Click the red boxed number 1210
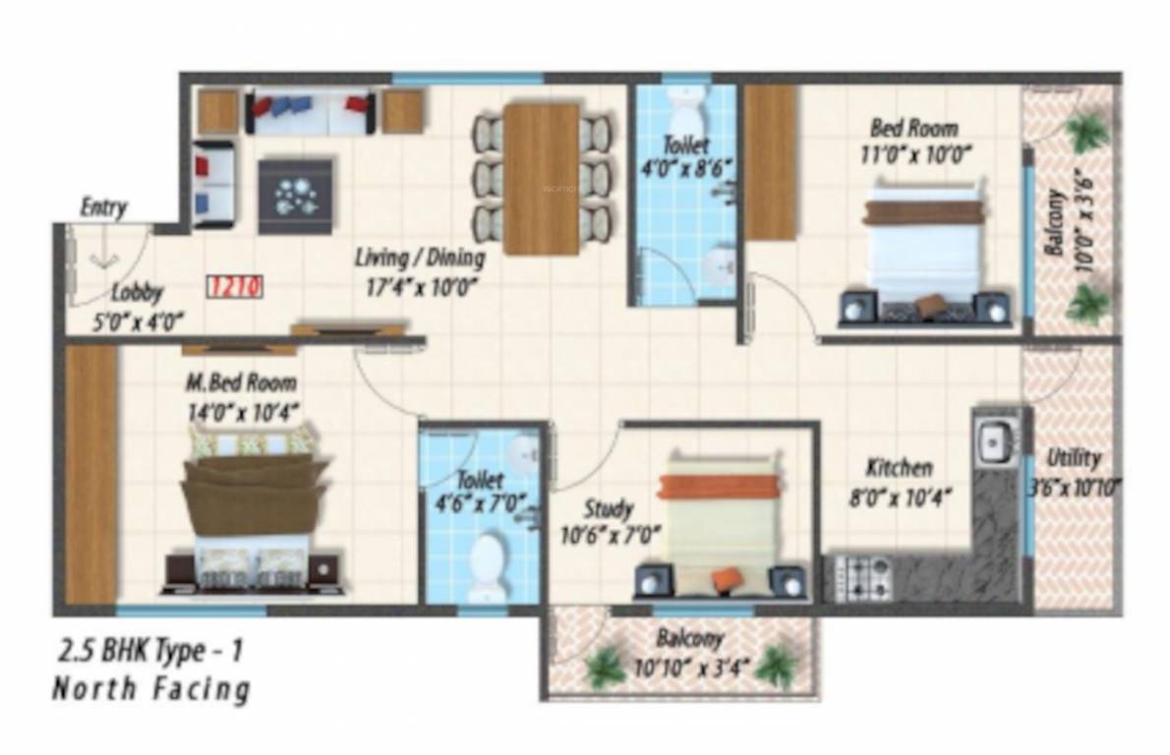[235, 287]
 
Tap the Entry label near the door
[103, 207]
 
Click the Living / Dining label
[421, 259]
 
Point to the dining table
[542, 178]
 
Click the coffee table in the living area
[295, 195]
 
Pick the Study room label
[608, 510]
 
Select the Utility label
[1074, 458]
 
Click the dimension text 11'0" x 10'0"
[913, 153]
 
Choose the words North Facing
[150, 689]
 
